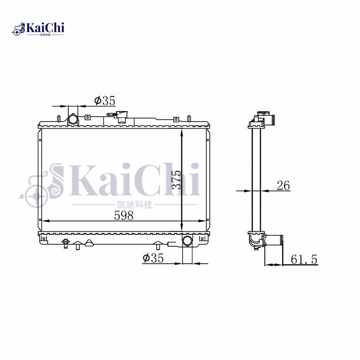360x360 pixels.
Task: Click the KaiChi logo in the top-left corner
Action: tap(38, 29)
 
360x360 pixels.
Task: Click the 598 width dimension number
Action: tap(124, 216)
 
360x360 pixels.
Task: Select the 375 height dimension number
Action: tap(176, 180)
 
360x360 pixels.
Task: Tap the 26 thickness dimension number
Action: tap(283, 185)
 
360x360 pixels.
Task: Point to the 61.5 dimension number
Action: tap(304, 260)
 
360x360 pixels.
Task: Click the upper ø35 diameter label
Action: tap(105, 100)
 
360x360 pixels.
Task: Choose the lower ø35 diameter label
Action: tap(153, 258)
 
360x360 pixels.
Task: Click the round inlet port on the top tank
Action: tap(73, 119)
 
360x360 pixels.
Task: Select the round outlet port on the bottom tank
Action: tap(187, 241)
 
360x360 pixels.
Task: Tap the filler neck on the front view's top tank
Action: tap(121, 117)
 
